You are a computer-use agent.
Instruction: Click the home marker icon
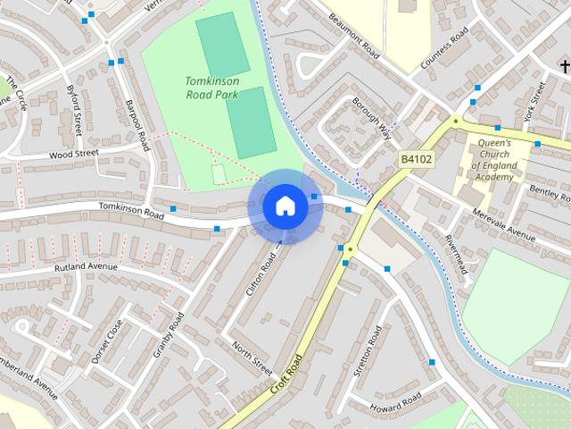tap(285, 206)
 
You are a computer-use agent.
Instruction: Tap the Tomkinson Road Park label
tap(211, 88)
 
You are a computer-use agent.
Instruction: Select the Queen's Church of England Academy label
tap(492, 160)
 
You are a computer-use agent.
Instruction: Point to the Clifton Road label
tap(261, 275)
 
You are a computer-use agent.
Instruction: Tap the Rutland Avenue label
tap(86, 267)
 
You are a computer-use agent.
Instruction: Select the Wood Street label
tap(73, 154)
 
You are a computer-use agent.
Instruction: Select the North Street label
tap(252, 357)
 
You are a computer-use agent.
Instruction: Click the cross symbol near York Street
tap(564, 65)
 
